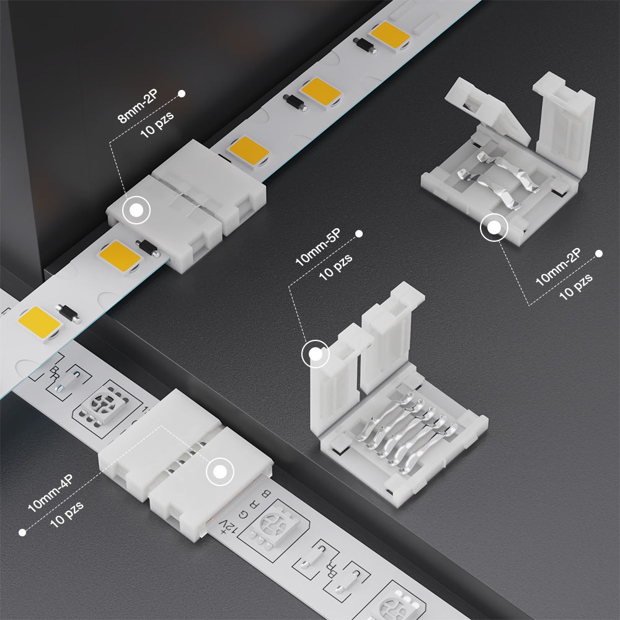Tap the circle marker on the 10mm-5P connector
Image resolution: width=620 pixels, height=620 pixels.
coord(315,355)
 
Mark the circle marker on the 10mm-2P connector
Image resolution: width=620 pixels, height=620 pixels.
coord(494,228)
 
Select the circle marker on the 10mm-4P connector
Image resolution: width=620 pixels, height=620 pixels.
coord(219,472)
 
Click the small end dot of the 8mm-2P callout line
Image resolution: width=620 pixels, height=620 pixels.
coord(182,94)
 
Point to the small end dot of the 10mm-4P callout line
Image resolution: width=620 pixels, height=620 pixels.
coord(22,532)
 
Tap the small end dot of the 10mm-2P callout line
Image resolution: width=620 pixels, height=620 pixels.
coord(599,254)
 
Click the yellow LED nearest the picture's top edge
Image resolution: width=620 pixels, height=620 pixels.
coord(391,35)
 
